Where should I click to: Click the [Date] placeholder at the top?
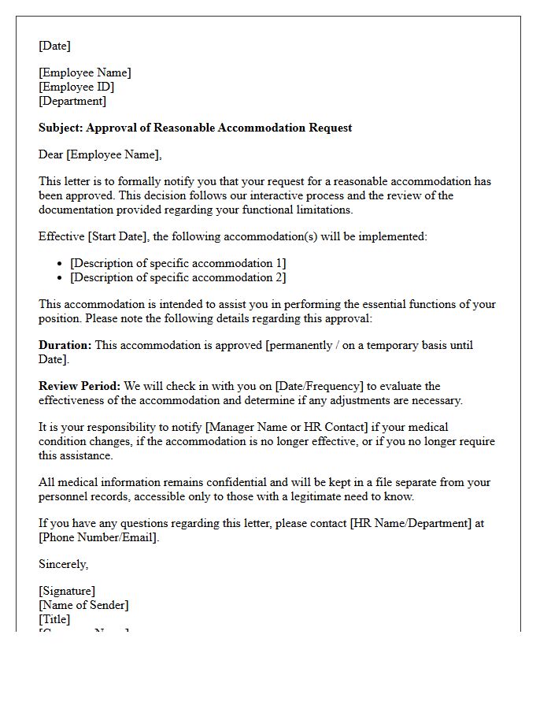[x=54, y=46]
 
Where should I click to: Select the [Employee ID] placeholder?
[x=76, y=87]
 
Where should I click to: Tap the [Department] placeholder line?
[x=72, y=101]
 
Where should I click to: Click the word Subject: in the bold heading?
[x=61, y=128]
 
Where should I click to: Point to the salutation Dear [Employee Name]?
[x=100, y=154]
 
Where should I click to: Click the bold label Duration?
[x=65, y=345]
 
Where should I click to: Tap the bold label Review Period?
[x=80, y=386]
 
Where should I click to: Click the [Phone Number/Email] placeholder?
[x=98, y=537]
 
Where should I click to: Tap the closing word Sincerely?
[x=64, y=564]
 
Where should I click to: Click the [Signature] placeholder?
[x=67, y=591]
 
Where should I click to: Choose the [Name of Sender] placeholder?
[x=83, y=605]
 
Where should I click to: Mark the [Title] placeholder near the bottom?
[x=54, y=619]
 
